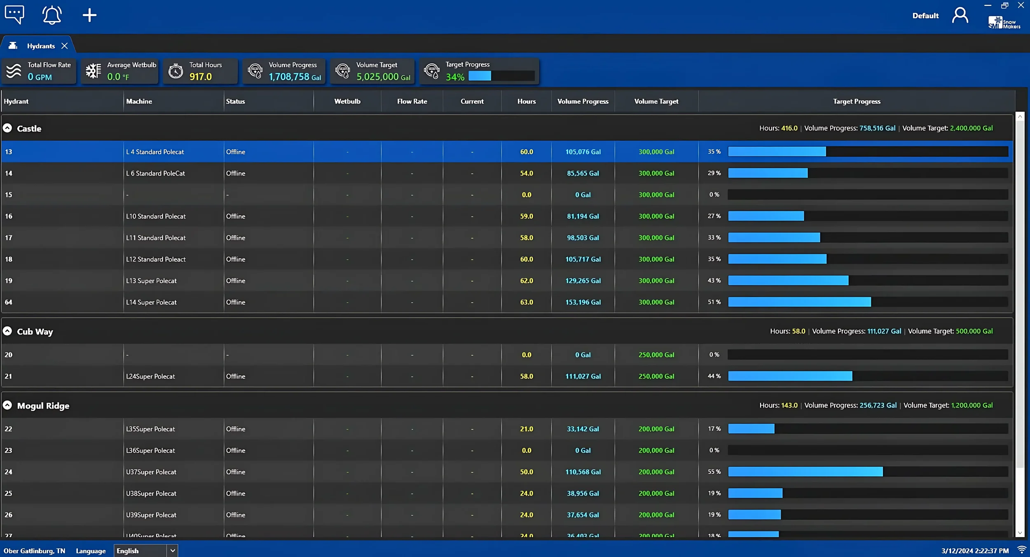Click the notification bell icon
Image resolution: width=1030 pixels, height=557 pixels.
point(52,15)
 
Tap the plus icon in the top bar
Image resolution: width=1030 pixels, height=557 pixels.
point(89,16)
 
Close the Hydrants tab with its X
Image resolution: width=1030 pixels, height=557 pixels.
point(65,46)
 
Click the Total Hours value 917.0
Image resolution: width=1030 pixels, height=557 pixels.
point(201,77)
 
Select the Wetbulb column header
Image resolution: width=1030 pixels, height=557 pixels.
point(347,101)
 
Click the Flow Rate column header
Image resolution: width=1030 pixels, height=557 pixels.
point(412,101)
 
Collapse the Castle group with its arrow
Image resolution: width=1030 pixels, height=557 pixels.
point(7,128)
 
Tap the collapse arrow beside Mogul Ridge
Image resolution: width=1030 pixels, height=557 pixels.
point(7,405)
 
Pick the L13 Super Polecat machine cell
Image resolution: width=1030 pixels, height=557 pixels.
point(151,281)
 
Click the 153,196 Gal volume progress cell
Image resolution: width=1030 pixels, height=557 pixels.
point(583,302)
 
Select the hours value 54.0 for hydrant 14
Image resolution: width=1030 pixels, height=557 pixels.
point(526,174)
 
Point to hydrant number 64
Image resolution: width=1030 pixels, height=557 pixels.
point(9,302)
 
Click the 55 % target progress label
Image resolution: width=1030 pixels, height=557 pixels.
point(714,472)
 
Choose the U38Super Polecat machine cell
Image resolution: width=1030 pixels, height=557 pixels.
point(151,494)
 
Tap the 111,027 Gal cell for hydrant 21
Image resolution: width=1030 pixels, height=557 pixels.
point(583,376)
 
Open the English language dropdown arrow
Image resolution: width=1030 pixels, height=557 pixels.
point(173,550)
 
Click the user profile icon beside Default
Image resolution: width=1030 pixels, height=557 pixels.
point(960,16)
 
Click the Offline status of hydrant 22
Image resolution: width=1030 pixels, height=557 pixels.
point(235,429)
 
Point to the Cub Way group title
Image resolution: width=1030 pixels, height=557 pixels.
point(35,331)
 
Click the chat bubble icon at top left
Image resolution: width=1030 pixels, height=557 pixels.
point(14,15)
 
